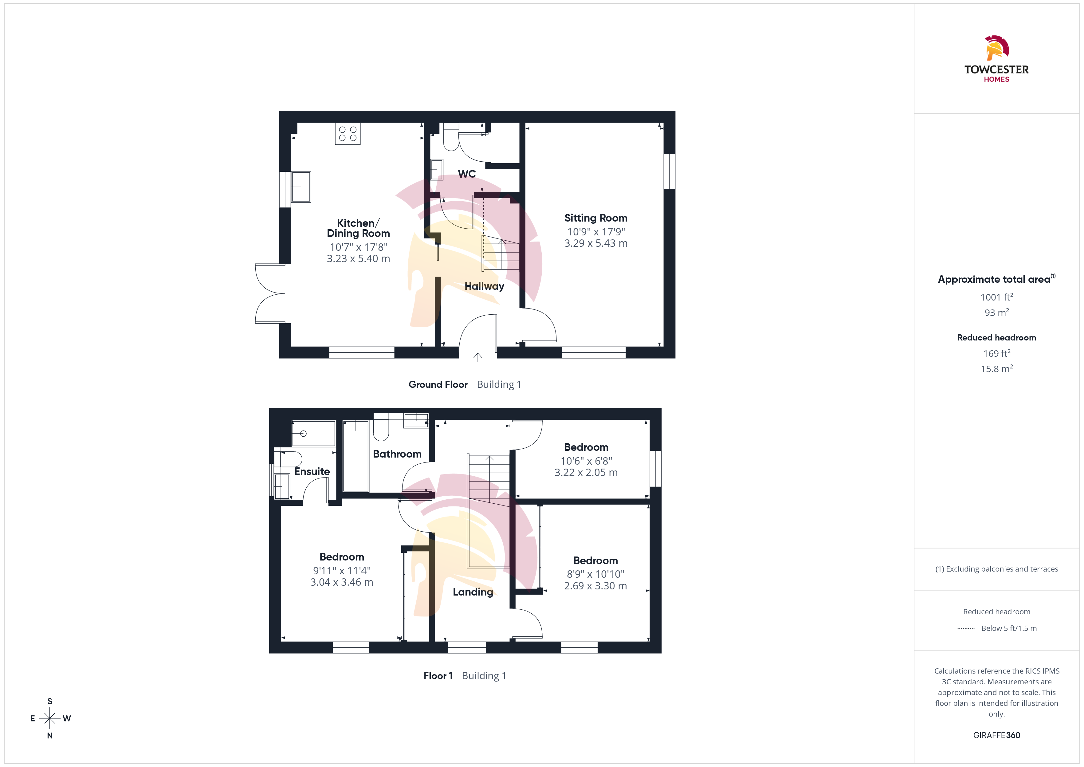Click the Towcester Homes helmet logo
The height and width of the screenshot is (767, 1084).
(x=997, y=48)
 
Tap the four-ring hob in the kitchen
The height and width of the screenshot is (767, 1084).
(x=348, y=134)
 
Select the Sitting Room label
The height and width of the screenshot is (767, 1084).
(x=596, y=218)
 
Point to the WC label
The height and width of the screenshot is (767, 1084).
(x=467, y=174)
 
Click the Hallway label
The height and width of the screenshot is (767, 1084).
(x=485, y=286)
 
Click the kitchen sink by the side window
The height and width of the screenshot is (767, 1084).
(x=301, y=187)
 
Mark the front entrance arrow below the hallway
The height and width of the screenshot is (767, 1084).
(x=478, y=357)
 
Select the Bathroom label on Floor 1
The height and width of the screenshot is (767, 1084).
(x=397, y=454)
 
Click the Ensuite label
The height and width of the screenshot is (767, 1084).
(x=312, y=471)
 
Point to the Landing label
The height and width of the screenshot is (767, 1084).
(x=473, y=592)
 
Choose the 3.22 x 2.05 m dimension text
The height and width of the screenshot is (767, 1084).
(x=586, y=473)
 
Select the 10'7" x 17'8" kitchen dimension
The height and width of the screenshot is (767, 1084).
(x=358, y=247)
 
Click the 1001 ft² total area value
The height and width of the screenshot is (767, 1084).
(x=997, y=297)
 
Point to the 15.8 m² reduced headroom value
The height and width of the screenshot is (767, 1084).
(x=997, y=369)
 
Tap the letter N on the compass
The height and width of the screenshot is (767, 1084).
(x=49, y=735)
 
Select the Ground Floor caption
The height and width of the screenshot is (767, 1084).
(x=438, y=384)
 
